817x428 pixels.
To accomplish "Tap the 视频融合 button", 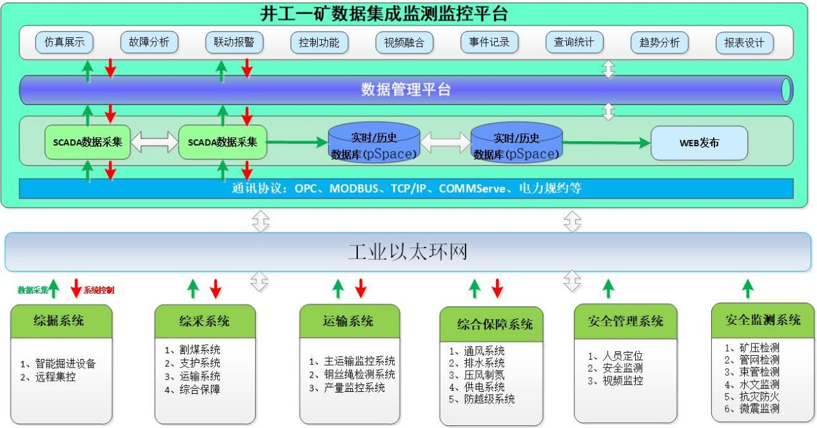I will coord(404,43).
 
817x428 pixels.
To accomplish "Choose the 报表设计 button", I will coord(744,43).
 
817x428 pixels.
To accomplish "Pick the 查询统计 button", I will coord(574,43).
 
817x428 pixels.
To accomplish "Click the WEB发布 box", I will coord(699,142).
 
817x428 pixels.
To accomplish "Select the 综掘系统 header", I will coord(59,320).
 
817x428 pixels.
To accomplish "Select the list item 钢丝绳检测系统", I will coord(356,374).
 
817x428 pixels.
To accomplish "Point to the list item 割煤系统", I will coord(197,350).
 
